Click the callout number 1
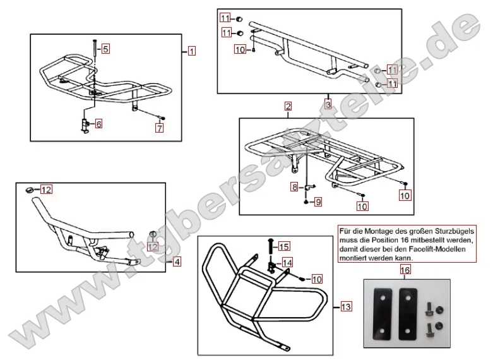click(192, 51)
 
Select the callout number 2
click(288, 106)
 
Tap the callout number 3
click(328, 103)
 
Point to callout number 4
click(177, 261)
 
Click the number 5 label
click(105, 48)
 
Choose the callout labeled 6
click(98, 124)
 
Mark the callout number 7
click(160, 128)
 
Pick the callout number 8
click(294, 187)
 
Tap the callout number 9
click(318, 202)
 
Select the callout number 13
click(345, 307)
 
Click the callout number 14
click(287, 262)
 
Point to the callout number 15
click(283, 246)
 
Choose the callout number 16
click(405, 270)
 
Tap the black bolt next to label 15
click(270, 246)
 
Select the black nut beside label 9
click(306, 203)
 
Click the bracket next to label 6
click(84, 123)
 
